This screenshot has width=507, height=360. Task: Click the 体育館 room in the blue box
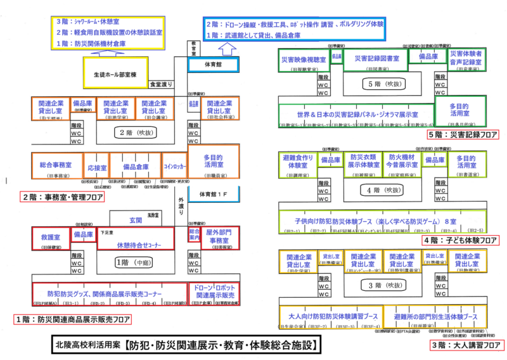[x=212, y=65]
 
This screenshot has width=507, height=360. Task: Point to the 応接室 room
[x=95, y=170]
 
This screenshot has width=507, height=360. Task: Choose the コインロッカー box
[x=174, y=167]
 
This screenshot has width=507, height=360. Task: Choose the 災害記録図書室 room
[x=376, y=59]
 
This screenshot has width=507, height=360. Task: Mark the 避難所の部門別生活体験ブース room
[x=435, y=316]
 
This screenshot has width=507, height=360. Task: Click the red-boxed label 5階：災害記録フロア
[x=463, y=134]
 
